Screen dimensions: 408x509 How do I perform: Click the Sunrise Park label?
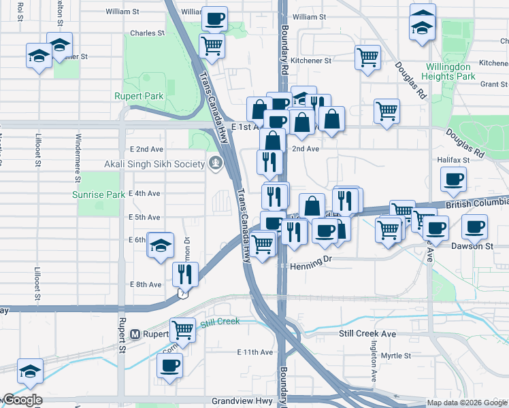[x=99, y=194]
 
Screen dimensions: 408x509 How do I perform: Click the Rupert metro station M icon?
[x=135, y=334]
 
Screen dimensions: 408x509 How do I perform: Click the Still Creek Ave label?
[x=367, y=334]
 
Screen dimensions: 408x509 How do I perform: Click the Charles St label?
[x=147, y=33]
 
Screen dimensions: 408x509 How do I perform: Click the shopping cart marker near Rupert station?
[x=182, y=330]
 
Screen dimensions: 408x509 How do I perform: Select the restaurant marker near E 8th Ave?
[x=184, y=273]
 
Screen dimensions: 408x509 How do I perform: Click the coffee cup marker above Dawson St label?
[x=474, y=226]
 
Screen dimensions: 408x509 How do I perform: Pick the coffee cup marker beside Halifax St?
[x=453, y=180]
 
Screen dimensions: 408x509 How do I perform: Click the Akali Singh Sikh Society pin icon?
[x=216, y=163]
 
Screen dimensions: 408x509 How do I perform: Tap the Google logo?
[x=22, y=400]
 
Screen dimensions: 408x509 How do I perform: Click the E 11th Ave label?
[x=255, y=352]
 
